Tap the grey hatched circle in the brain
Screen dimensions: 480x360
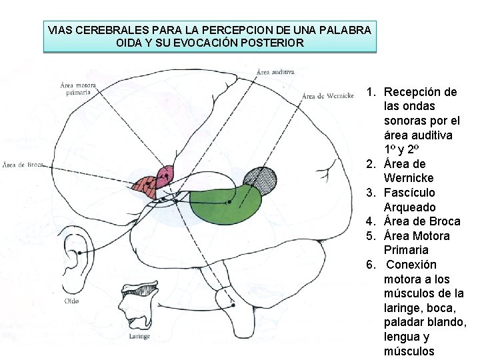pos(260,179)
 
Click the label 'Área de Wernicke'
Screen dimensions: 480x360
pos(327,96)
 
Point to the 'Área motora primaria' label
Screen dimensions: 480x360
pos(78,89)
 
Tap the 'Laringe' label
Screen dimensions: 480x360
pos(139,337)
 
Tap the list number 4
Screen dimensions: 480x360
pos(371,221)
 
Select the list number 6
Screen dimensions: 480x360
pos(371,265)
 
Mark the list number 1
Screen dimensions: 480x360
pos(371,92)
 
